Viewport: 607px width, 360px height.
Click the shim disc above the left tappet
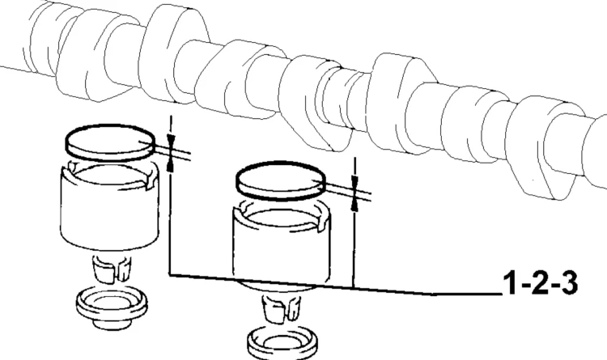click(111, 142)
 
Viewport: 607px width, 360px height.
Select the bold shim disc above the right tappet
click(282, 180)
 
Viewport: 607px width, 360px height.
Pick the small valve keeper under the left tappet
click(111, 268)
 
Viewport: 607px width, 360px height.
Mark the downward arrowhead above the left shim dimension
click(171, 139)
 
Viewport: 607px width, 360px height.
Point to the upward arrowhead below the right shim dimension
click(354, 205)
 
